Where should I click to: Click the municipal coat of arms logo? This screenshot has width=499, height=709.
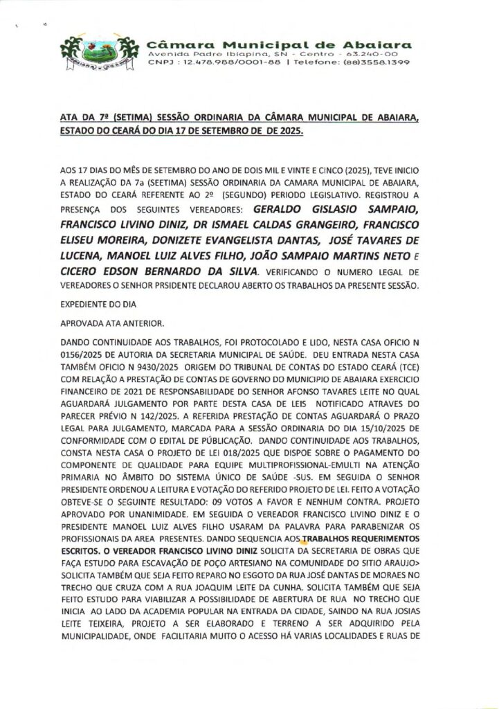click(x=95, y=53)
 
